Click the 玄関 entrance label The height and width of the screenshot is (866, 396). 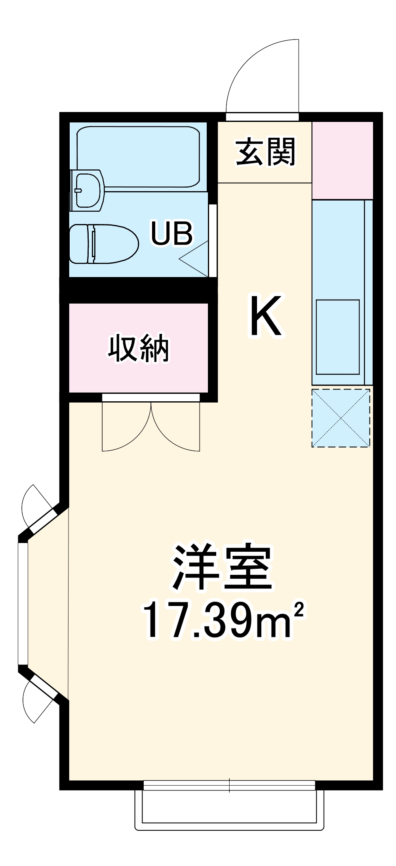[266, 152]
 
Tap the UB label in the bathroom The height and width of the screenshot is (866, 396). [172, 233]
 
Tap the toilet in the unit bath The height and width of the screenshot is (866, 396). [103, 244]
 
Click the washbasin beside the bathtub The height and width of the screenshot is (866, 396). [88, 190]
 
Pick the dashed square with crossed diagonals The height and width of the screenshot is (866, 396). [341, 418]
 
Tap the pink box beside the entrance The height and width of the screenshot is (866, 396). [343, 160]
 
